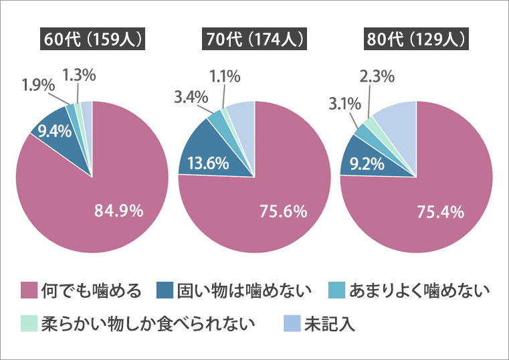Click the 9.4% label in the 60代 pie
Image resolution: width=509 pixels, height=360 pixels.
[55, 131]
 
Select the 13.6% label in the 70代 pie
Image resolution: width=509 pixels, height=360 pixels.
[209, 163]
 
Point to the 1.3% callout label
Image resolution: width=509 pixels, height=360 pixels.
[79, 75]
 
